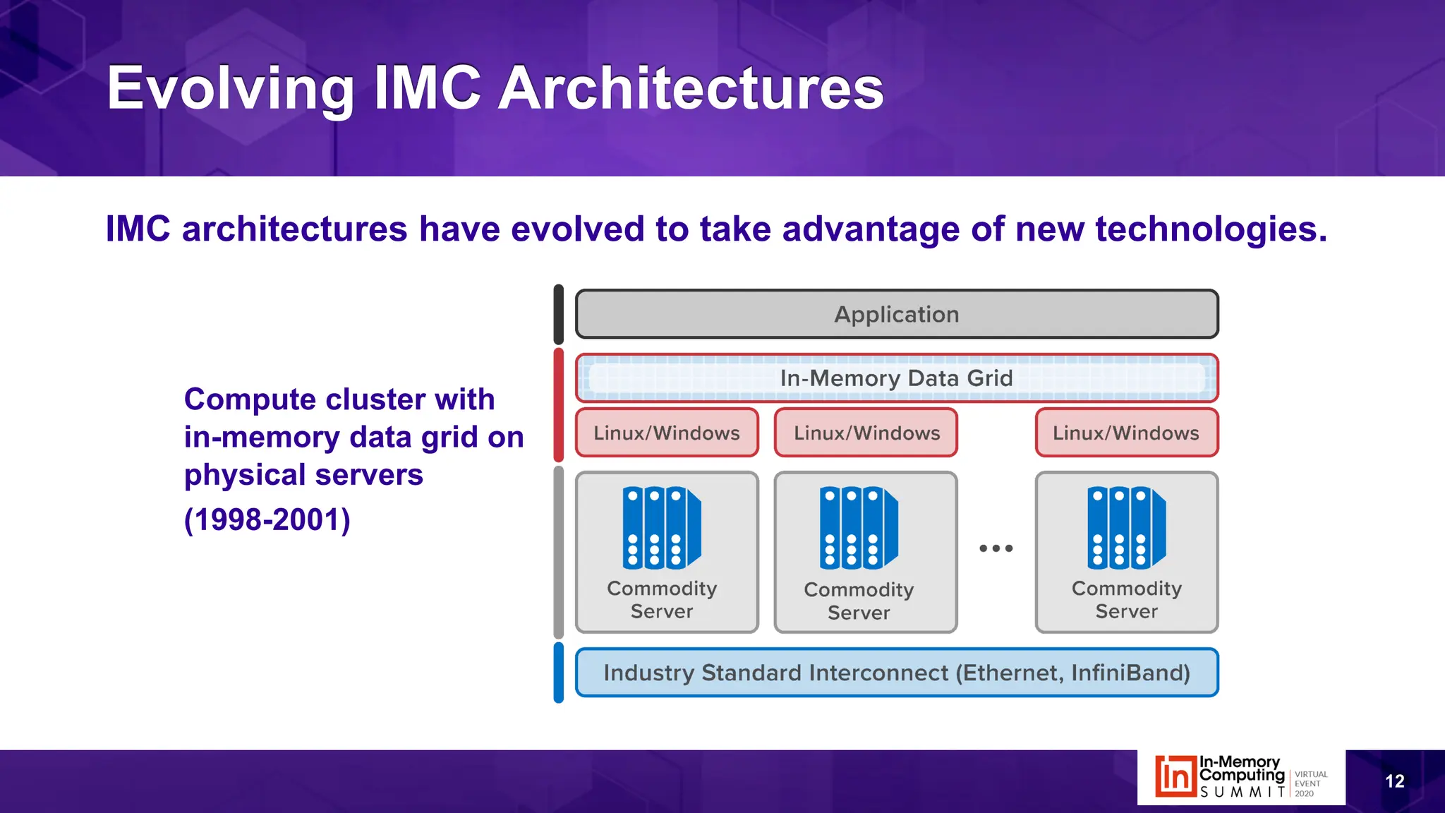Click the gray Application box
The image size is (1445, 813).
(x=896, y=314)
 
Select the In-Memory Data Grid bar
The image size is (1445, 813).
(x=896, y=378)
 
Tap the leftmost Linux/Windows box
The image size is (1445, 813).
(x=667, y=433)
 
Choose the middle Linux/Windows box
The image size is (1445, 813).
(x=866, y=433)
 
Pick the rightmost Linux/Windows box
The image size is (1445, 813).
(x=1126, y=433)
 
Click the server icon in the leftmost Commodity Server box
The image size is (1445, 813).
(x=661, y=527)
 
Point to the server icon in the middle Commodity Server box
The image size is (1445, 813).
(x=858, y=527)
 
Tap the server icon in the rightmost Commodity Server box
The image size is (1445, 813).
(x=1126, y=527)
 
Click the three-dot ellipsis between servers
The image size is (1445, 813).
(x=996, y=548)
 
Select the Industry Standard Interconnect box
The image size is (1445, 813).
(x=896, y=673)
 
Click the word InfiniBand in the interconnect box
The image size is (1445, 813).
(x=1130, y=673)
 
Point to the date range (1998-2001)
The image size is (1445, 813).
(x=267, y=520)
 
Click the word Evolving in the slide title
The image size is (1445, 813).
(x=230, y=88)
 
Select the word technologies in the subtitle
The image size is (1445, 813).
(x=1210, y=229)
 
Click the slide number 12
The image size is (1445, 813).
(x=1394, y=781)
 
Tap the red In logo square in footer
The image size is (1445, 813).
(x=1175, y=777)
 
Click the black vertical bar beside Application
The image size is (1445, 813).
(x=559, y=314)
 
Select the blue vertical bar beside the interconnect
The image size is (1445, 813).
(x=559, y=673)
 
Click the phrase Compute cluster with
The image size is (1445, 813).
(x=339, y=399)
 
